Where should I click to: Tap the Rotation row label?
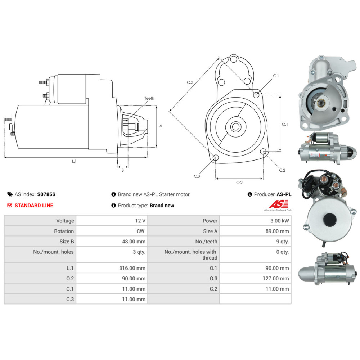tap(64, 231)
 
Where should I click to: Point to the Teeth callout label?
tap(149, 98)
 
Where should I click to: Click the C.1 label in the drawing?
tap(276, 76)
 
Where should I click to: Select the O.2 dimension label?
tap(239, 183)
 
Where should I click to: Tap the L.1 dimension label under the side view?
tap(74, 161)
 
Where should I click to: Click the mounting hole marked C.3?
tap(215, 158)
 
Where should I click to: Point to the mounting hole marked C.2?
tap(263, 152)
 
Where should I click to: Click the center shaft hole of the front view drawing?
tap(236, 127)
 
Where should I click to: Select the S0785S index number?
tap(46, 194)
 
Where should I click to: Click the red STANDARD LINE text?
tap(33, 206)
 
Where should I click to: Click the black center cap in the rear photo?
tap(329, 220)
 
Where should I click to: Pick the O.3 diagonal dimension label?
tap(190, 82)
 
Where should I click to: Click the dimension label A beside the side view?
tap(161, 126)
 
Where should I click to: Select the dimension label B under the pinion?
tap(122, 170)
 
